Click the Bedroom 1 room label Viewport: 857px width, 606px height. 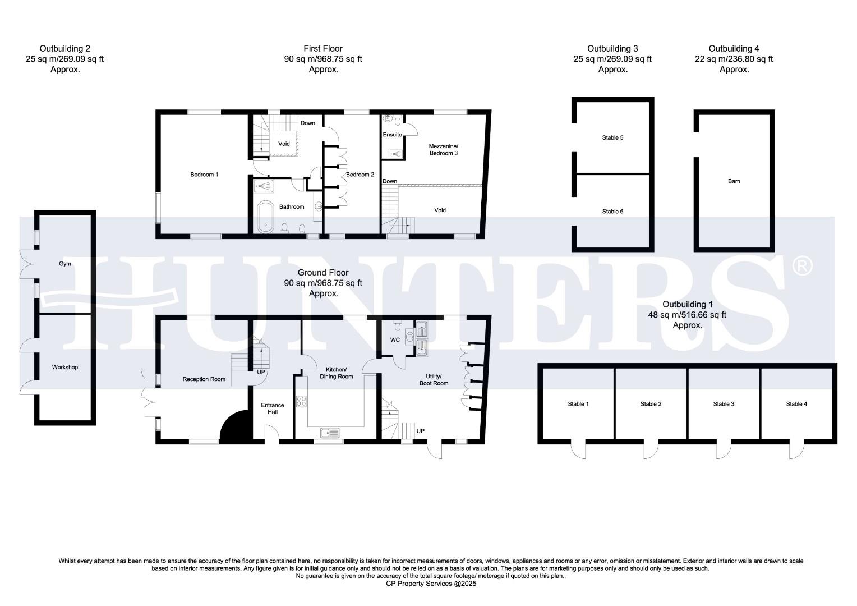click(x=204, y=175)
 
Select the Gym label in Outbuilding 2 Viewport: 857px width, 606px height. click(x=65, y=264)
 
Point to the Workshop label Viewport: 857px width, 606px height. click(x=65, y=368)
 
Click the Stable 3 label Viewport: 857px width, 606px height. click(x=724, y=404)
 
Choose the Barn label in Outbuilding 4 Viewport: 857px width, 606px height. click(x=734, y=181)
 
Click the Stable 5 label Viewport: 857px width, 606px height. click(x=612, y=137)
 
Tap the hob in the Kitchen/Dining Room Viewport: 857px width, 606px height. click(x=301, y=401)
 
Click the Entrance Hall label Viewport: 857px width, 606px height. click(x=273, y=408)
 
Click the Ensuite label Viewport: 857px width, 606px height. click(x=392, y=135)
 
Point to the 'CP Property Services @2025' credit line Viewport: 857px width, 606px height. click(x=431, y=584)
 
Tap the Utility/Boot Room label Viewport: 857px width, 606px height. click(x=434, y=379)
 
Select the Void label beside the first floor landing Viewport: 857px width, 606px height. click(x=284, y=144)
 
